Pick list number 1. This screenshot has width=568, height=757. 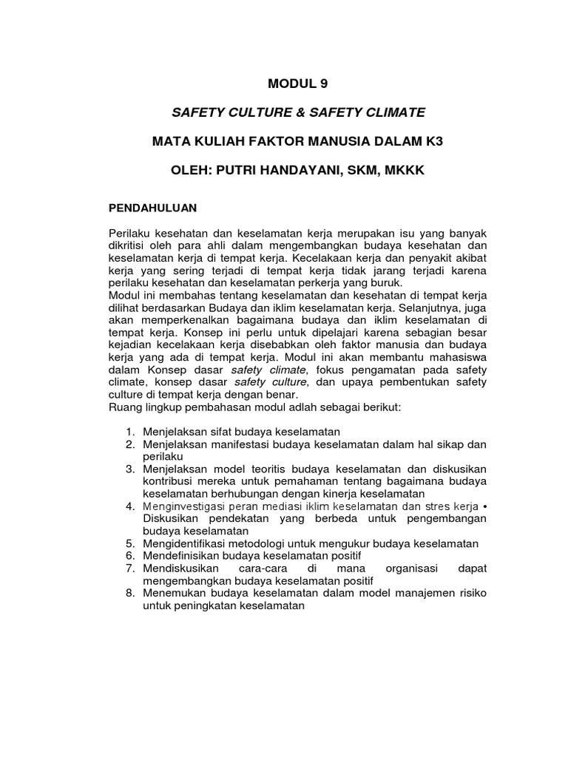click(x=129, y=431)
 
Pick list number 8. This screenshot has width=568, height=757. click(x=129, y=594)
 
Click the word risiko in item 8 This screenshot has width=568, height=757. click(x=471, y=594)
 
